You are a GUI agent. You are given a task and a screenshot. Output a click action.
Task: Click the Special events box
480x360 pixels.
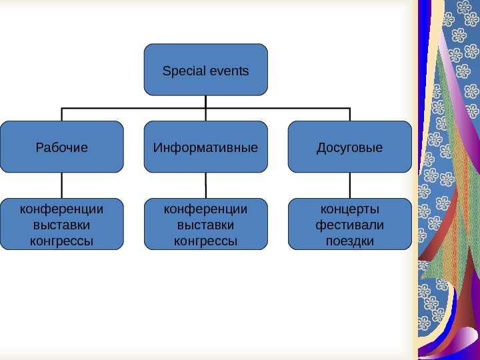tap(205, 69)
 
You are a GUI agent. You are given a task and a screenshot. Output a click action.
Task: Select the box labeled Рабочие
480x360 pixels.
tap(62, 147)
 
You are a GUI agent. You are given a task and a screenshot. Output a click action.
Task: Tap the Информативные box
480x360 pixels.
tap(205, 147)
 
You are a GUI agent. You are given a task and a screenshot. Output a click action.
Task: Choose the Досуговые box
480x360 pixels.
tap(350, 147)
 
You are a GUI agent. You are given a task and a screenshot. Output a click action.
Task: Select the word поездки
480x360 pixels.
tap(350, 240)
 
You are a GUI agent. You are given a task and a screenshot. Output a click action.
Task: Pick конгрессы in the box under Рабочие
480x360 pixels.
tap(62, 240)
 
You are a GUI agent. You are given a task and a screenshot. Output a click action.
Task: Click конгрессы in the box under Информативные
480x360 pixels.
tap(205, 240)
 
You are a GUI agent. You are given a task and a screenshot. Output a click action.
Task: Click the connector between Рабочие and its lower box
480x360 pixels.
tap(62, 185)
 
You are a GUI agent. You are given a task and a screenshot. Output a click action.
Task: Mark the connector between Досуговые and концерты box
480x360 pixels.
tap(350, 185)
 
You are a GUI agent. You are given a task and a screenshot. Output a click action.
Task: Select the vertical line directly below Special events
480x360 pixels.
tap(205, 101)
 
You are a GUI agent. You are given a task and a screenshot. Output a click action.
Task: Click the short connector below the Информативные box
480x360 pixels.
tap(205, 179)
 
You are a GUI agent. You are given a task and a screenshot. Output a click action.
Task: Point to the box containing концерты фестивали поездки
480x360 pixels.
tap(350, 224)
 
